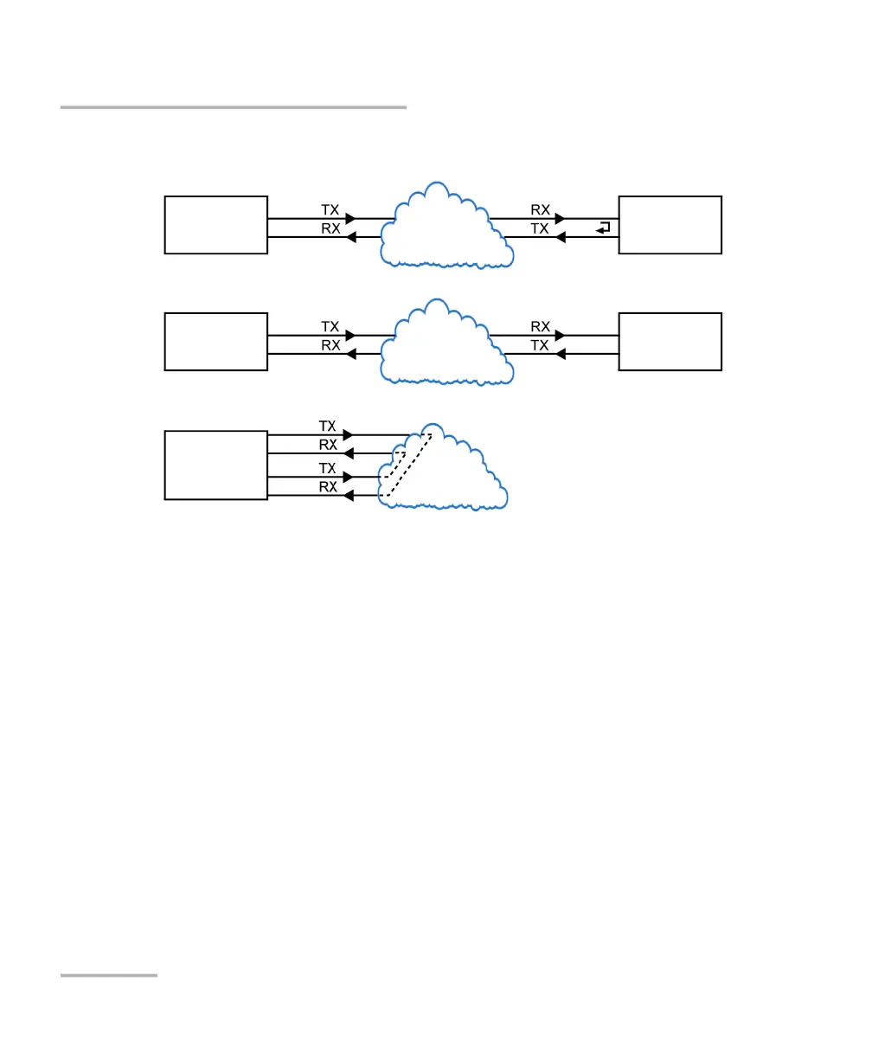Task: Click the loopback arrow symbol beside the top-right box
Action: point(603,228)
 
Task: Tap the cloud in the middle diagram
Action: point(446,343)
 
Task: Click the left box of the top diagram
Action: point(215,225)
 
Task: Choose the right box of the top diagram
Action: point(670,225)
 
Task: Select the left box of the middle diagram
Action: point(215,342)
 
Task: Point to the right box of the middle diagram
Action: point(670,342)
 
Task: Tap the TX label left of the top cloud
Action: point(330,210)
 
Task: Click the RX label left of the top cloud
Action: point(330,228)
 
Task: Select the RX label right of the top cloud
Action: point(540,210)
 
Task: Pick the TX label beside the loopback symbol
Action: point(540,228)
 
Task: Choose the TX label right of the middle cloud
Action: point(540,345)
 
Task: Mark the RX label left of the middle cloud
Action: point(330,345)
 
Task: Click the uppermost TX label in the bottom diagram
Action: point(328,426)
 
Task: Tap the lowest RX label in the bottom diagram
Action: point(328,487)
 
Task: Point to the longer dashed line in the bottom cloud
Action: point(408,465)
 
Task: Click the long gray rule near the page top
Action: point(233,107)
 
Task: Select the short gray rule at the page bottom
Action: point(109,976)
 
